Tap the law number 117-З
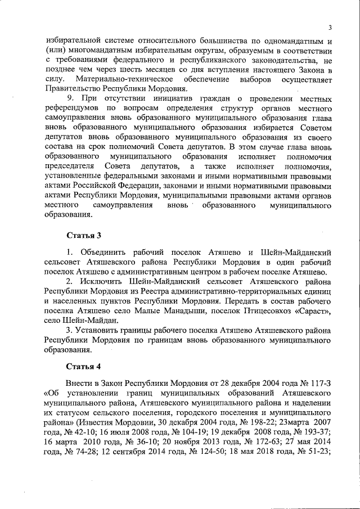point(319,384)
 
